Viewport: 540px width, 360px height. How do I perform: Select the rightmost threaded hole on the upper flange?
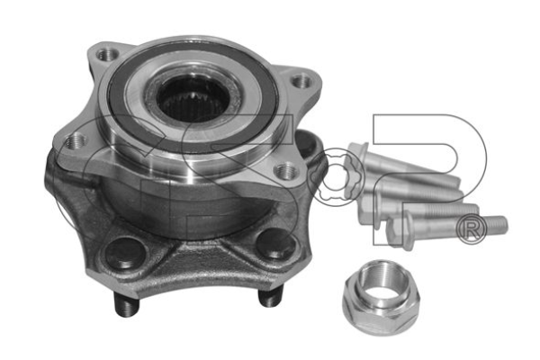pos(301,82)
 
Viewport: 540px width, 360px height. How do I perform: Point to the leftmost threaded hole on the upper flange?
pos(76,141)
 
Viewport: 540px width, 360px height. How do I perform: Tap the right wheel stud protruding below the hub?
pos(271,297)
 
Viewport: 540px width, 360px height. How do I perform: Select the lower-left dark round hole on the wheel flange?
pos(126,253)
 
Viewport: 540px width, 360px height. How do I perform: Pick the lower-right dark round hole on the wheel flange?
pos(276,243)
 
